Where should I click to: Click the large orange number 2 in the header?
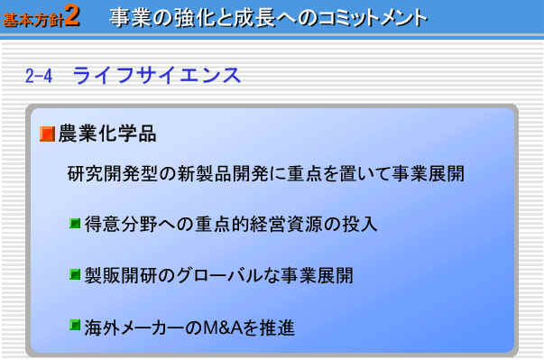[72, 15]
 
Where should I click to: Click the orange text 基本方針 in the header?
[32, 20]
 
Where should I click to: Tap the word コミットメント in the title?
[373, 18]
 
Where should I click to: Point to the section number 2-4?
[39, 75]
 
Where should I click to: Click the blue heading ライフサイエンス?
[156, 75]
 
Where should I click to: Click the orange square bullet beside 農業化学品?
[47, 134]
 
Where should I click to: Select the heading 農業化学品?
[107, 134]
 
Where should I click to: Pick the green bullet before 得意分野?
[75, 224]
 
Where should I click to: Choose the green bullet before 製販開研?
[75, 274]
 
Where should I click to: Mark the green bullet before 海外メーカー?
[75, 325]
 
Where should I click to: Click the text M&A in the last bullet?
[223, 328]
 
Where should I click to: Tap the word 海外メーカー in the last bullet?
[134, 328]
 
